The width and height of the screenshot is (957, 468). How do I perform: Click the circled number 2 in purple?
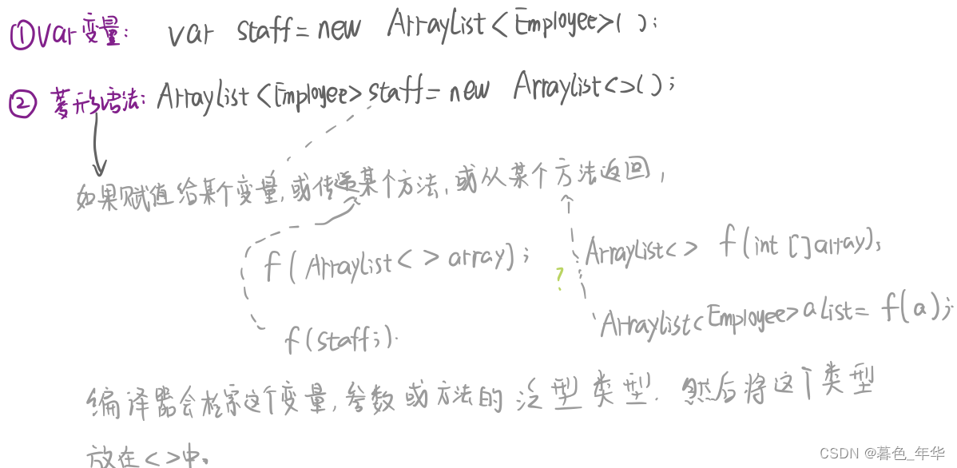(22, 104)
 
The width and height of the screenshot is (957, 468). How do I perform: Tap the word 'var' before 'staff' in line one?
(191, 34)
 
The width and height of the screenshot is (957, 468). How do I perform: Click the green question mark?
(560, 276)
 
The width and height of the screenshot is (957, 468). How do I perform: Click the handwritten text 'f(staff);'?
(340, 341)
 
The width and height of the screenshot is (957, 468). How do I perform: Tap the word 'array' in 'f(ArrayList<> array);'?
(478, 258)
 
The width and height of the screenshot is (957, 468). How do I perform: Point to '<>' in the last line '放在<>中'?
(160, 456)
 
